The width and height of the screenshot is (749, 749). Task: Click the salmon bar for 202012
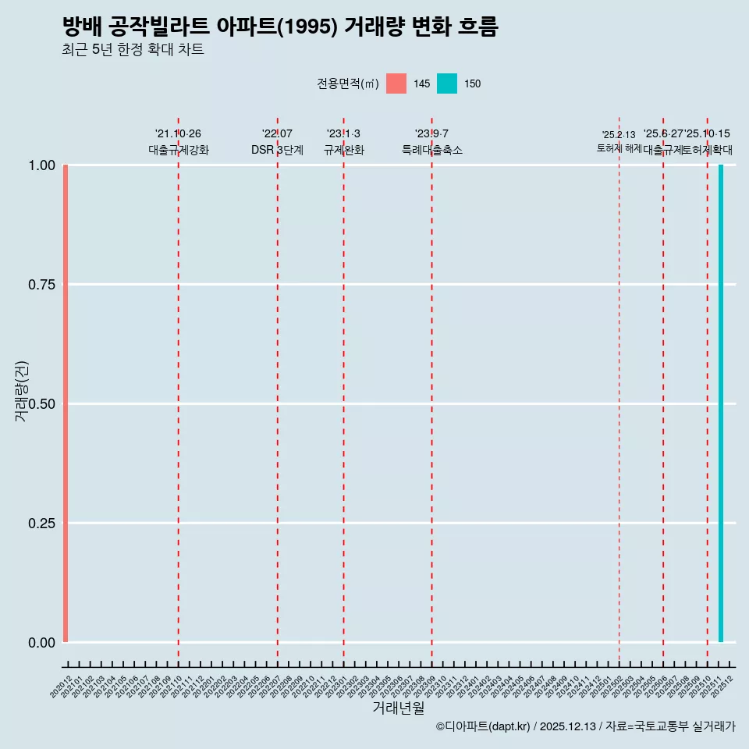(x=66, y=403)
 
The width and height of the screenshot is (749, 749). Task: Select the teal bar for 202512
(x=721, y=403)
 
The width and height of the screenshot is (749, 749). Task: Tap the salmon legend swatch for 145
(x=396, y=83)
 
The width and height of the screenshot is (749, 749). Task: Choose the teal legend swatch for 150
(x=447, y=83)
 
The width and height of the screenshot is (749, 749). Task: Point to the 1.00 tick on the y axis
(x=41, y=165)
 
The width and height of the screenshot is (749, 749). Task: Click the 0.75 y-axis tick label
(x=41, y=285)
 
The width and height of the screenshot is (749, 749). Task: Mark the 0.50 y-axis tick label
(x=41, y=404)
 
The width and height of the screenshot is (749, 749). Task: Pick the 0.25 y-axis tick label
(x=41, y=524)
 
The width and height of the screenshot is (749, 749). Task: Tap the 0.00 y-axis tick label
(x=41, y=643)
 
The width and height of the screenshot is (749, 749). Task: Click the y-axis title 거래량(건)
(x=21, y=392)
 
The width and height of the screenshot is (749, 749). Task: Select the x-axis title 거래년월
(x=398, y=708)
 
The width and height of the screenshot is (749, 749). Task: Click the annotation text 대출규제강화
(x=179, y=150)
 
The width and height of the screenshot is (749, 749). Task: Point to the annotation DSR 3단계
(x=277, y=150)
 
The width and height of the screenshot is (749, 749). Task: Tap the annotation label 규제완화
(x=344, y=150)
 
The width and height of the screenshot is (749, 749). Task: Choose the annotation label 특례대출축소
(x=432, y=150)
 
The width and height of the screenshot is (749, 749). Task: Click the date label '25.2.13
(x=619, y=134)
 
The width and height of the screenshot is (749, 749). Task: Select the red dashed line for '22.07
(x=278, y=390)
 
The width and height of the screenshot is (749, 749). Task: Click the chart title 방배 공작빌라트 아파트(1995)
(x=279, y=27)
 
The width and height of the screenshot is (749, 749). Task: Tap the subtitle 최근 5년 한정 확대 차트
(x=133, y=50)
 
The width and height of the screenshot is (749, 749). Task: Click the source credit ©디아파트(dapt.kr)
(x=484, y=727)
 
